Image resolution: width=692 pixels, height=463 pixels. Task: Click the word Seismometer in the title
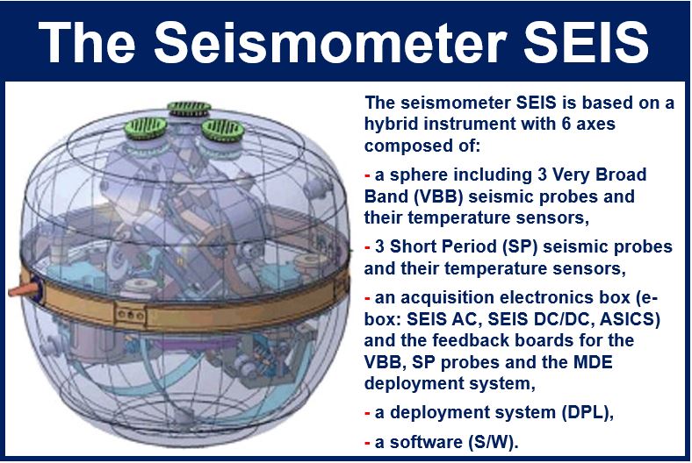330,42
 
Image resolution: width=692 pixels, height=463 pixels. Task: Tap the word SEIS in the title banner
586,42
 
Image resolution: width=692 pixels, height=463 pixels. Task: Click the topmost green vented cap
189,108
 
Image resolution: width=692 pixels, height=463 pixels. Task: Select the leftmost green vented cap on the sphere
146,128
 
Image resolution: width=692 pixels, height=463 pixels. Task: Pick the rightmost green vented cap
223,130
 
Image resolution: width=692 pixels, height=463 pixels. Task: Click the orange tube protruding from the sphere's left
21,290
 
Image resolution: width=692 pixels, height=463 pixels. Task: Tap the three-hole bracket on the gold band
130,315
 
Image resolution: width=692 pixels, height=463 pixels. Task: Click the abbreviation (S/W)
491,442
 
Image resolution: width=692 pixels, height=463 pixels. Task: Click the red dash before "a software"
367,443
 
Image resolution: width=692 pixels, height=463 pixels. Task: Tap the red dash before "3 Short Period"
367,247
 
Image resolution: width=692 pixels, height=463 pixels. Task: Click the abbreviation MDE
593,362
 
